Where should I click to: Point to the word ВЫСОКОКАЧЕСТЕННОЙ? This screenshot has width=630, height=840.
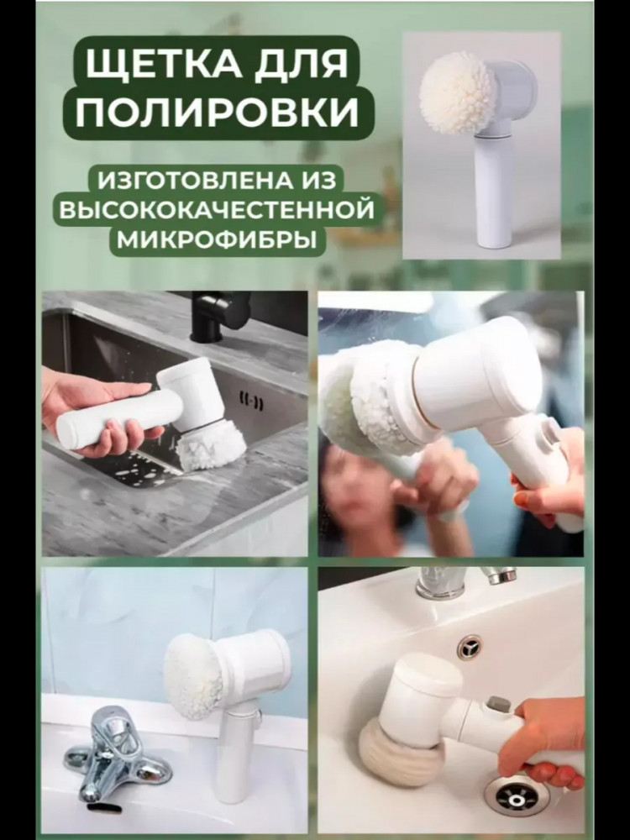217,209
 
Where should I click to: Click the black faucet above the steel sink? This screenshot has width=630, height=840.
217,316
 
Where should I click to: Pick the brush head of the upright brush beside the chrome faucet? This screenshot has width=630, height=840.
193,676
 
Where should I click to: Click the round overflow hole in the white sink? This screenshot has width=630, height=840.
470,648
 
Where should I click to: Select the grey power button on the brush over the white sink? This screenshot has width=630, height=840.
498,706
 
